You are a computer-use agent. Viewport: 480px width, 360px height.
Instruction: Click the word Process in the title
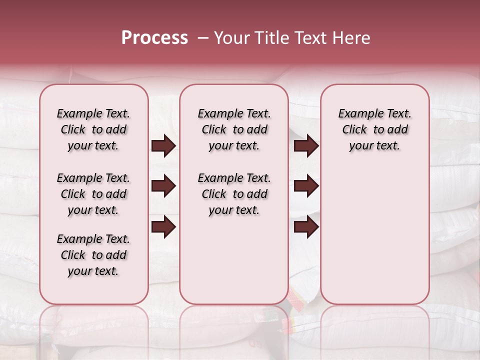point(154,38)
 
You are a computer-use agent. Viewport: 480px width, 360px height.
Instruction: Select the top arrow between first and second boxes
point(163,145)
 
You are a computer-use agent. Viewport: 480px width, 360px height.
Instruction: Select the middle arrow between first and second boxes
point(163,186)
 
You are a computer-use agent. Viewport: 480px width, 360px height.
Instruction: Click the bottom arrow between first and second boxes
point(163,227)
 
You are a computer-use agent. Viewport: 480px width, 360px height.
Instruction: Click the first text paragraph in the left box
point(93,129)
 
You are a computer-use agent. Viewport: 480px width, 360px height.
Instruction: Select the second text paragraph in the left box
point(93,194)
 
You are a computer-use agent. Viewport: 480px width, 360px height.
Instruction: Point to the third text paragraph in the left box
point(93,255)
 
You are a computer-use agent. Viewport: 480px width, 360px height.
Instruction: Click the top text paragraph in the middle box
point(234,129)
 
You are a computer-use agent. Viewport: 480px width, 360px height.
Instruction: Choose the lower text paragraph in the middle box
point(234,194)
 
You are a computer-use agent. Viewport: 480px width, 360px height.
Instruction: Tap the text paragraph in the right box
point(374,129)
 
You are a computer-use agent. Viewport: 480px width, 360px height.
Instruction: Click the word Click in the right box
point(354,129)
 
